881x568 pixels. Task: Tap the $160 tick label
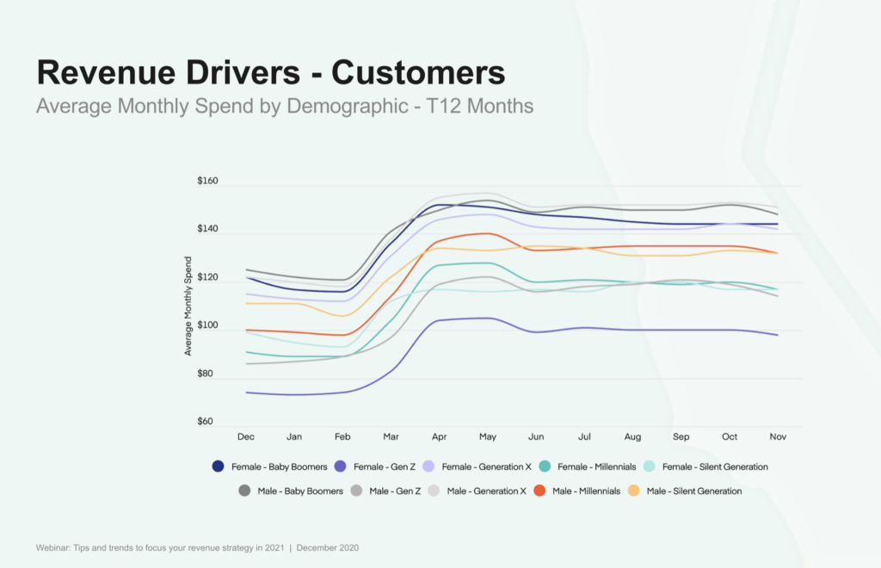click(x=207, y=182)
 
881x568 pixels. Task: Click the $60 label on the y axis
click(x=205, y=422)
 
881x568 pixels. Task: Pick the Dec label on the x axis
click(x=245, y=437)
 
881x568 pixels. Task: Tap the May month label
click(x=488, y=437)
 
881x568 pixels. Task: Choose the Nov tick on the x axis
click(x=779, y=437)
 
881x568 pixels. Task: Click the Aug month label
click(x=633, y=437)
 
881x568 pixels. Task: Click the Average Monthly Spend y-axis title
click(x=188, y=305)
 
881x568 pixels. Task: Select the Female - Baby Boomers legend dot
click(x=219, y=466)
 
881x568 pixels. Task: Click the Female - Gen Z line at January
click(x=294, y=395)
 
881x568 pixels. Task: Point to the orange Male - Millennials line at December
click(x=246, y=330)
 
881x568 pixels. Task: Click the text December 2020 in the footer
click(x=327, y=547)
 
